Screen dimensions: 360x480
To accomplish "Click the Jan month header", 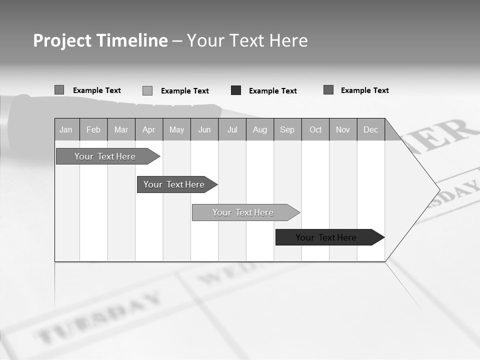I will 66,130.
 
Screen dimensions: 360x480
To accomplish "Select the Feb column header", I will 93,130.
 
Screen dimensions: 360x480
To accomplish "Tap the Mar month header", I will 121,130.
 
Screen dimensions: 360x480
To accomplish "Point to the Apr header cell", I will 149,130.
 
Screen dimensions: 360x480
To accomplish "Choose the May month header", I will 176,130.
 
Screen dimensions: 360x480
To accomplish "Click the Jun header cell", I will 204,130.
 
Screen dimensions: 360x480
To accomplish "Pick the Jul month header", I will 232,130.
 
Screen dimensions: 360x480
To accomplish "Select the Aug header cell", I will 260,130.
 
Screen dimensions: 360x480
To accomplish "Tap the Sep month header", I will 287,130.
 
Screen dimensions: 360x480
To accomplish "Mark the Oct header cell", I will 315,130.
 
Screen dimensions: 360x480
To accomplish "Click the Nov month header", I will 343,130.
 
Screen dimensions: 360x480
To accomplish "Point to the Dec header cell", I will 371,130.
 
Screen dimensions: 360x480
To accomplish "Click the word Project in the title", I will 61,40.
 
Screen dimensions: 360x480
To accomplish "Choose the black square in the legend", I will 236,90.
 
